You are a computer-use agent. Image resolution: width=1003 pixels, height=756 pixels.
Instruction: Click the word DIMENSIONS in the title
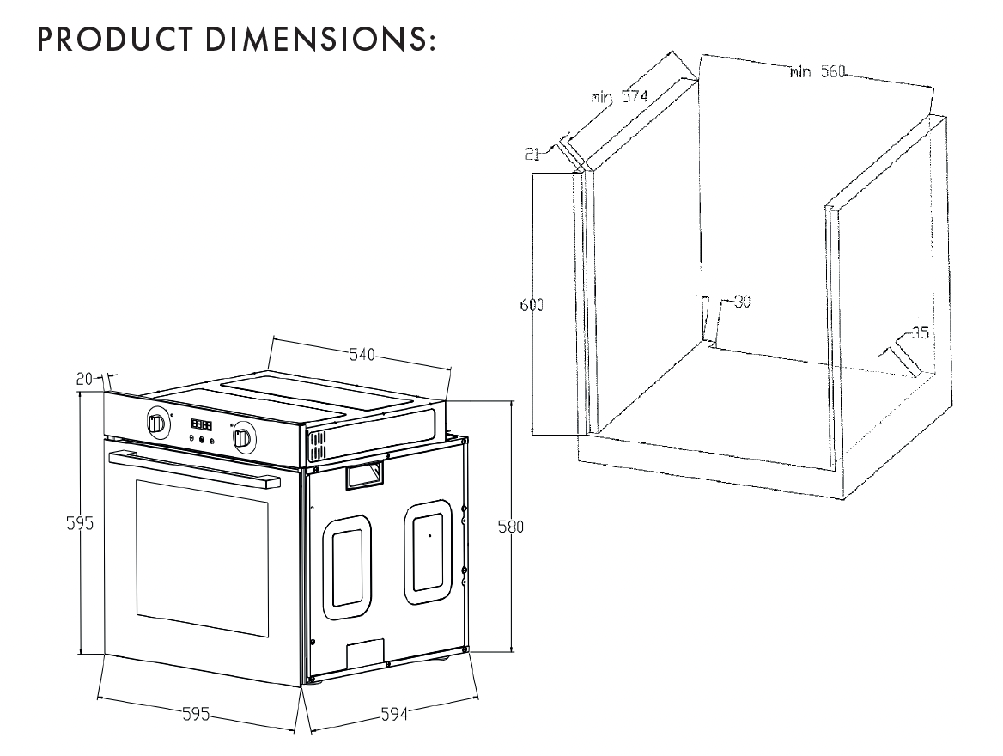[317, 40]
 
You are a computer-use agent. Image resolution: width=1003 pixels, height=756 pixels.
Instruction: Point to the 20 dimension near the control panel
[84, 377]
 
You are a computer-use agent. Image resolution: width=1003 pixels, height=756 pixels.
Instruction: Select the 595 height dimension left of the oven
[81, 523]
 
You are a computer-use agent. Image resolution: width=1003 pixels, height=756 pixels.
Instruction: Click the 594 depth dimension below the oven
[392, 714]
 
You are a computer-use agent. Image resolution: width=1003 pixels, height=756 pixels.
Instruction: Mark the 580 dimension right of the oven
[510, 527]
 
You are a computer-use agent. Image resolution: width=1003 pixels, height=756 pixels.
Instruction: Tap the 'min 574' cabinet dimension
[619, 96]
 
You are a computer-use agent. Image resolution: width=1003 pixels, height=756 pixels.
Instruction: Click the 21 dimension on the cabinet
[532, 154]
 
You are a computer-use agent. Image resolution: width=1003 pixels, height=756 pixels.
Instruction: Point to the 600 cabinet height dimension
[532, 305]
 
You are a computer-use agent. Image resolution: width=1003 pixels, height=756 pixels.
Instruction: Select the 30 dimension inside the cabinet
[741, 302]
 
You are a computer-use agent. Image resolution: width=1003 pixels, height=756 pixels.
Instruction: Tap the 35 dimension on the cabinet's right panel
[919, 333]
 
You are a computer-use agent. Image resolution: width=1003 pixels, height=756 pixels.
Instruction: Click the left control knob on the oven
[156, 423]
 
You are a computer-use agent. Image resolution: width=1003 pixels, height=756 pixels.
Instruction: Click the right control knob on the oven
[242, 438]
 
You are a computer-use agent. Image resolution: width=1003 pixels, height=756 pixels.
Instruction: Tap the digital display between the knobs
[201, 425]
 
